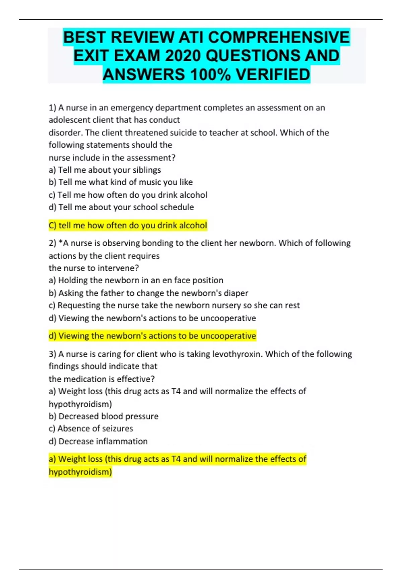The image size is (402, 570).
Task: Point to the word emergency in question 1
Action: pos(132,108)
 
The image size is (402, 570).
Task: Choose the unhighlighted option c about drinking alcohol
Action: pos(128,195)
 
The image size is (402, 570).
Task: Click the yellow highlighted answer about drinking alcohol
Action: pos(128,225)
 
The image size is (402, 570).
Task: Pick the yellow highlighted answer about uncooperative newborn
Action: pos(152,336)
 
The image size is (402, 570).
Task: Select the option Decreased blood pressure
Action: pos(104,416)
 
